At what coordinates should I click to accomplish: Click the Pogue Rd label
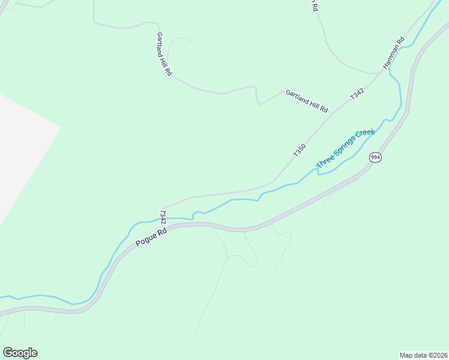tap(151, 236)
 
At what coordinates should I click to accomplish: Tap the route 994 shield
tap(375, 157)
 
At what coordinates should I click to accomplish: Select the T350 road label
tap(300, 150)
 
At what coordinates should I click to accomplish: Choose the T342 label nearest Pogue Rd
tap(163, 217)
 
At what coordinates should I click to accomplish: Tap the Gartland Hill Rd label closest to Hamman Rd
tap(307, 101)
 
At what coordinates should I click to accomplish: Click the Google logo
tap(20, 353)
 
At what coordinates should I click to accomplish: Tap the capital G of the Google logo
tap(8, 353)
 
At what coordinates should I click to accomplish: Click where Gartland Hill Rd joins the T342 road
tap(334, 112)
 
